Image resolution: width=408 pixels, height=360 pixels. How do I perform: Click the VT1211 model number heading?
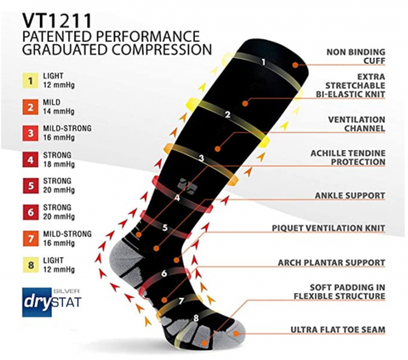tap(57, 21)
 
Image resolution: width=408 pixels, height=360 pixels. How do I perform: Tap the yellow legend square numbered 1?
tap(30, 81)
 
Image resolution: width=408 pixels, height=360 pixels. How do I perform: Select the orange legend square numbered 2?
tap(30, 107)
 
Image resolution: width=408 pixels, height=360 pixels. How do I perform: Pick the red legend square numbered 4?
tap(30, 160)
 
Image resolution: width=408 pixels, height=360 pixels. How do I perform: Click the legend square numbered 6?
tap(30, 212)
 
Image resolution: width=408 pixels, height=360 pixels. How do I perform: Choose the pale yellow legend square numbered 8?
tap(30, 264)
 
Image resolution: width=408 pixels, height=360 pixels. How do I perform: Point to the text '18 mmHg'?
tap(59, 164)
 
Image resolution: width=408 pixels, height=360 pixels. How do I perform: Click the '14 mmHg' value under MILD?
tap(59, 112)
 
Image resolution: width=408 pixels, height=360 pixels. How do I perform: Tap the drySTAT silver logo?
tap(51, 302)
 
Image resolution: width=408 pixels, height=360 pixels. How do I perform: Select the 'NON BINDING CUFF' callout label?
tap(356, 56)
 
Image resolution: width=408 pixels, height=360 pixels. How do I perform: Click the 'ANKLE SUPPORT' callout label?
tap(350, 195)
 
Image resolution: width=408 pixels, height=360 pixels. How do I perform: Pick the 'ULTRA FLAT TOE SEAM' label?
tap(338, 330)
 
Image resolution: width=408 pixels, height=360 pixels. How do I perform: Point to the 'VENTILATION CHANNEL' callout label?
tap(357, 124)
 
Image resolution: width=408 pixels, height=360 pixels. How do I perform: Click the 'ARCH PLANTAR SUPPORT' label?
tap(331, 263)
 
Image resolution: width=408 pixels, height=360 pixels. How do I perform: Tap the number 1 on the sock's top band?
tap(263, 62)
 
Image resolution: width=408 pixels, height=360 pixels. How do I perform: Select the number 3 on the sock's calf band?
tap(202, 158)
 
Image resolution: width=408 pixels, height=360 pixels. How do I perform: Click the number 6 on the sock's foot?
tap(164, 273)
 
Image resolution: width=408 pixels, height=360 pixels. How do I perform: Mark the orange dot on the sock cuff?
tap(295, 64)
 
